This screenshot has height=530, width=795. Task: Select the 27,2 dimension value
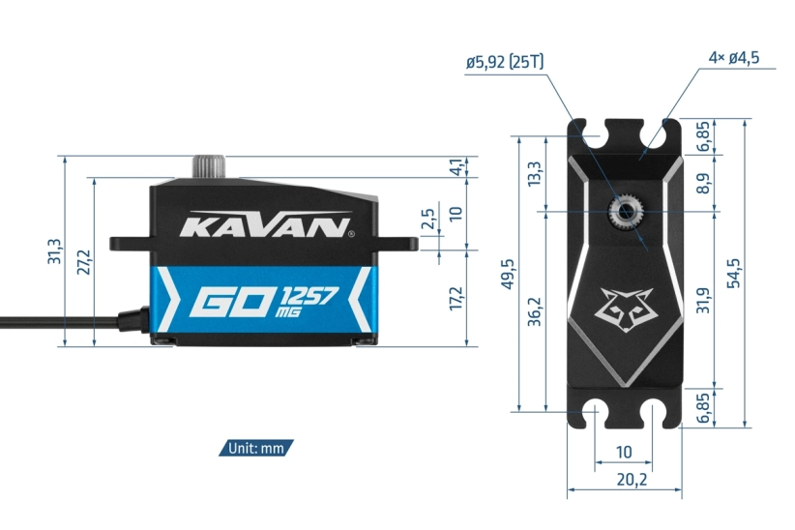[x=83, y=261]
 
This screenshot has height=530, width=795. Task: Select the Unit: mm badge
[x=256, y=448]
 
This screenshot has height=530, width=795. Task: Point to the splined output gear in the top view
[x=623, y=210]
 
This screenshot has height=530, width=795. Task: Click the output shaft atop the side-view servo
[x=208, y=165]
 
